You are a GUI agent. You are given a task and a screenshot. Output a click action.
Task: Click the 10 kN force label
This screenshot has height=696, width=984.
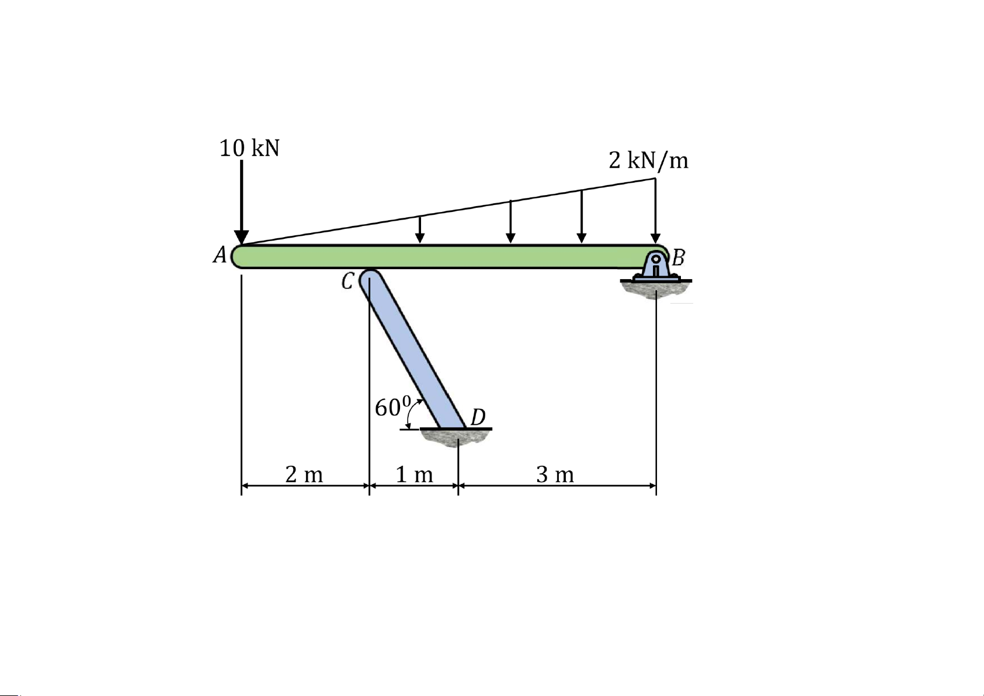(x=249, y=148)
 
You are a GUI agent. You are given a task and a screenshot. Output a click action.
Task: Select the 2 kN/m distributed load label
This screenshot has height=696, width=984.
(x=648, y=160)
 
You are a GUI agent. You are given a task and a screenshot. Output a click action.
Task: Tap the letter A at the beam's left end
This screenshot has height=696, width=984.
(x=220, y=255)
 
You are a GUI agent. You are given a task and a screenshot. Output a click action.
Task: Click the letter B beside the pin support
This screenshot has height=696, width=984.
(x=679, y=257)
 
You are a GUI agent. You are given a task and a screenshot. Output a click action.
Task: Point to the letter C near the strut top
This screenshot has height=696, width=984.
(x=347, y=281)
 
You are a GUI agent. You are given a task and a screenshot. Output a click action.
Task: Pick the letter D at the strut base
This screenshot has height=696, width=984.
(x=478, y=417)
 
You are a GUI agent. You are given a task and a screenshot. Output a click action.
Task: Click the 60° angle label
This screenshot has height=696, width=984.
(x=393, y=406)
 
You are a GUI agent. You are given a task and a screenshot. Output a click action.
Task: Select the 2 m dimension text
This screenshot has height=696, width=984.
(x=304, y=475)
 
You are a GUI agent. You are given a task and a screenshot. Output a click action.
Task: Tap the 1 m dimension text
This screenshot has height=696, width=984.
(x=414, y=475)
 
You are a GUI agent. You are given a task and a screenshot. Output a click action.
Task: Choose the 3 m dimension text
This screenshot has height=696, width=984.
(x=555, y=475)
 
